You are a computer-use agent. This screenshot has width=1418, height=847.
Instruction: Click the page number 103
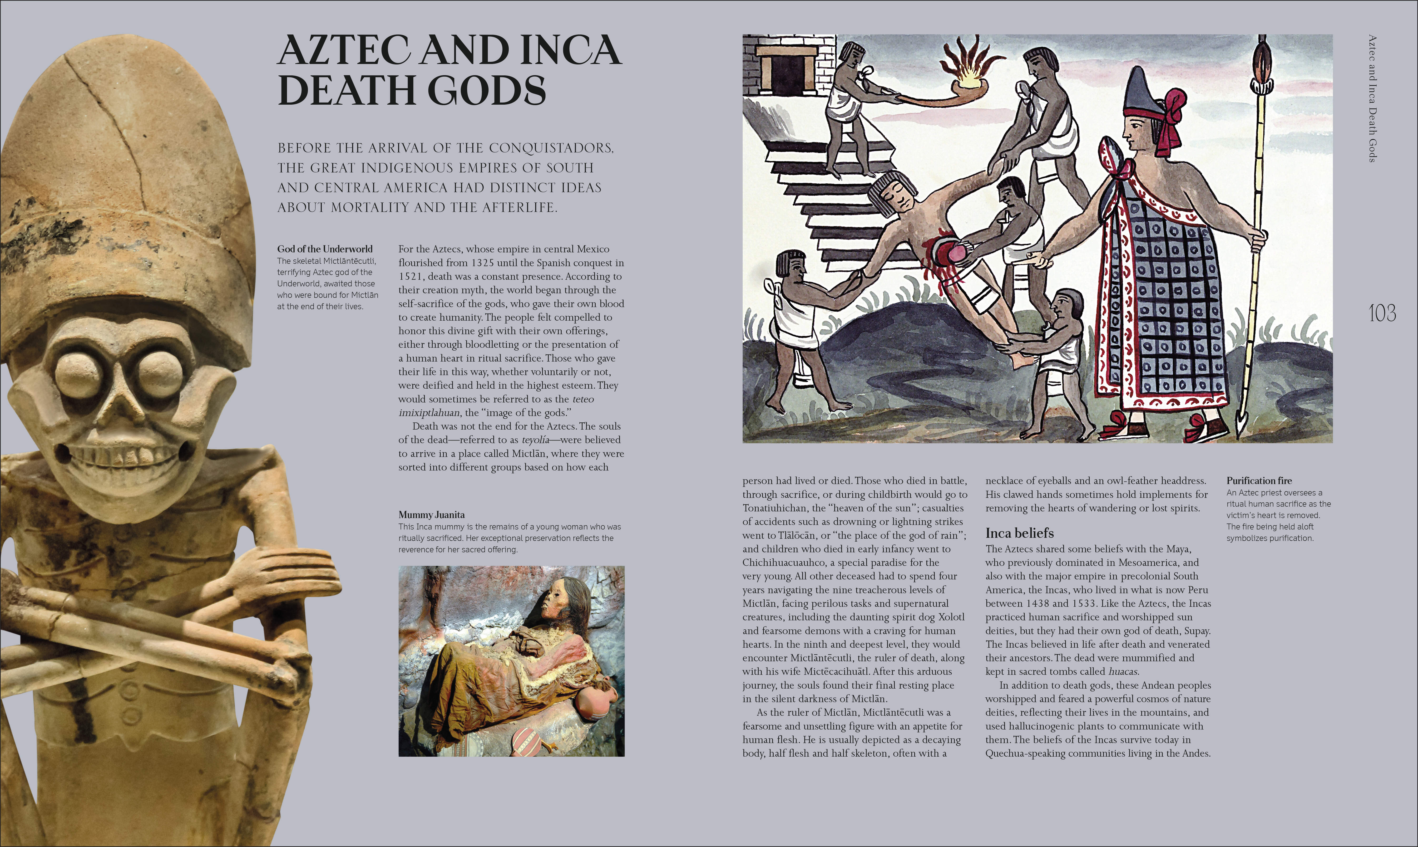1382,313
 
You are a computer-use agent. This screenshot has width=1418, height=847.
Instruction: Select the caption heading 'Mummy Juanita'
431,514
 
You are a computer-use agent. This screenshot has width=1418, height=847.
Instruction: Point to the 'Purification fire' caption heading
1259,480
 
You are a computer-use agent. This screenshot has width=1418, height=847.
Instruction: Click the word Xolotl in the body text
951,617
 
